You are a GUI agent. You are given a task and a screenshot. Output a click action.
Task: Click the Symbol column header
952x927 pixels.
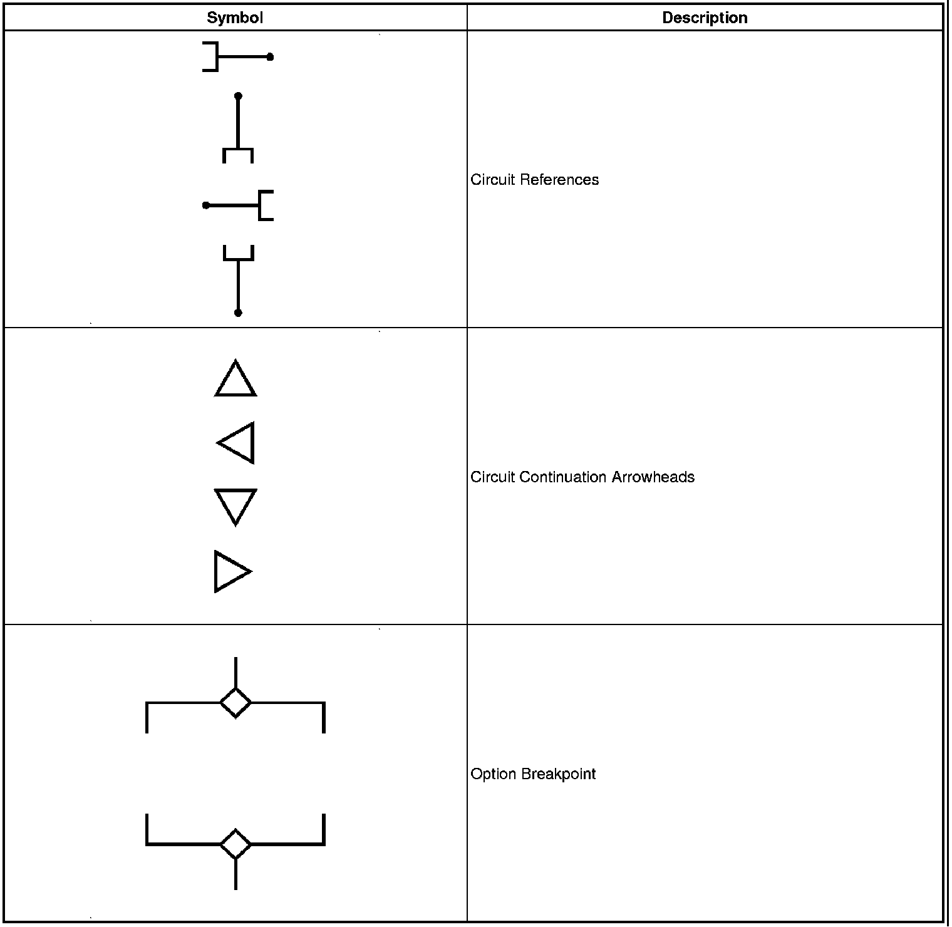point(235,18)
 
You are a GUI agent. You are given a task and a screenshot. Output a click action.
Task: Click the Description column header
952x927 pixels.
point(705,18)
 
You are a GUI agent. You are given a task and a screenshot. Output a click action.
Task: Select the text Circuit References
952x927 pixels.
point(534,180)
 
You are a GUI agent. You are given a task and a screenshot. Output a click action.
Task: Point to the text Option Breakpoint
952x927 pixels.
point(533,774)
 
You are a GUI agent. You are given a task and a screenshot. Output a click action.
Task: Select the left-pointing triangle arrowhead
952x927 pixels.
point(239,443)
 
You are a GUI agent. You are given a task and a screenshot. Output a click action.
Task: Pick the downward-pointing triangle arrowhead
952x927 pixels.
point(235,505)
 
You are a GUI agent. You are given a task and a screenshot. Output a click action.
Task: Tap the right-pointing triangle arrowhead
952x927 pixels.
point(230,571)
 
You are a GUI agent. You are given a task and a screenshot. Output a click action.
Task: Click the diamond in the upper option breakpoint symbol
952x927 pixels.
point(235,702)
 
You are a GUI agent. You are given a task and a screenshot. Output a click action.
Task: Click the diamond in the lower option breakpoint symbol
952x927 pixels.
point(235,844)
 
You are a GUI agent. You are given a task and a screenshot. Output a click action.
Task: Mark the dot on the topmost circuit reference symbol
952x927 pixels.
point(270,57)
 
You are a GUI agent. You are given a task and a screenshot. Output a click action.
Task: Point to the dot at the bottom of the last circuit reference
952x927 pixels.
point(238,313)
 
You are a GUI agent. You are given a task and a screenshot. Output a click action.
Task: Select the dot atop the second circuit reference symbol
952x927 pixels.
point(238,96)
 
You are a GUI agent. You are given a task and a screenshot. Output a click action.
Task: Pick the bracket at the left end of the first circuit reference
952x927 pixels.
point(212,57)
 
